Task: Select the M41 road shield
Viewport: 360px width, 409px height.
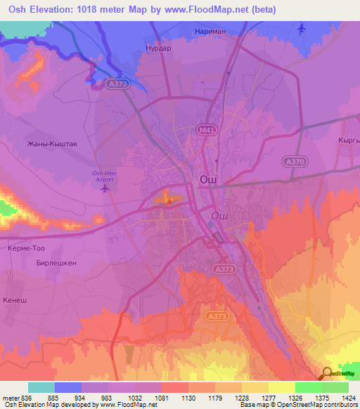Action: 205,130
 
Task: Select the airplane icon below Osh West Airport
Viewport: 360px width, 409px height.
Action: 105,188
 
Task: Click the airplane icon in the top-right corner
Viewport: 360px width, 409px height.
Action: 302,28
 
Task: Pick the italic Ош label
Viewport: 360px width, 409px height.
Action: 219,215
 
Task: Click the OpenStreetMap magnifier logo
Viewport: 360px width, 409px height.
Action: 328,374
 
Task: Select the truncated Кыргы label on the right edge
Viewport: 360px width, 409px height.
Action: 348,140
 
